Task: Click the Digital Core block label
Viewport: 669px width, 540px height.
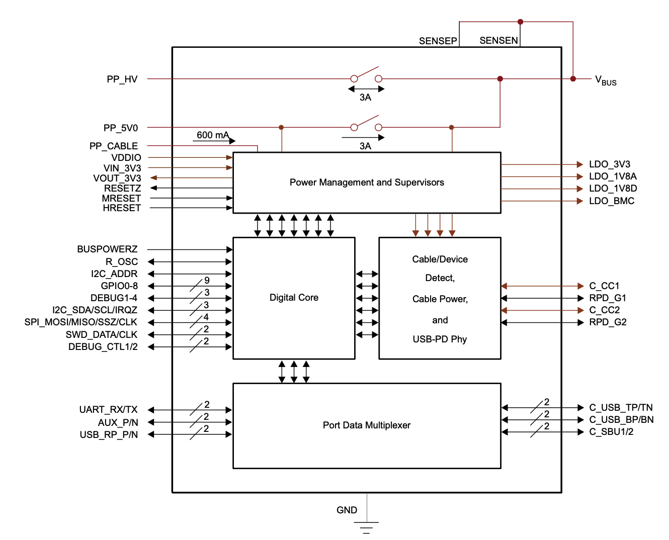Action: [294, 298]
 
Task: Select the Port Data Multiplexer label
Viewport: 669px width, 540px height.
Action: [366, 425]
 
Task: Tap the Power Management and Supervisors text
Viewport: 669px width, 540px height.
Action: [367, 183]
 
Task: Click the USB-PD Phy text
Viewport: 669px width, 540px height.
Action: [440, 339]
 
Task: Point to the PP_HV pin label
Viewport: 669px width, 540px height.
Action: [122, 79]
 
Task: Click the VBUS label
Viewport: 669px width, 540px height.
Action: [605, 80]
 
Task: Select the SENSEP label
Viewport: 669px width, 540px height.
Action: [438, 41]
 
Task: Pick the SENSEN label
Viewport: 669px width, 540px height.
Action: [498, 41]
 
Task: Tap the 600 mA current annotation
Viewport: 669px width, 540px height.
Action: [213, 135]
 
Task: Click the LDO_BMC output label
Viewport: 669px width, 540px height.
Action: [611, 201]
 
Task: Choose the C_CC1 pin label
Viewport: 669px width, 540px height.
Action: [604, 286]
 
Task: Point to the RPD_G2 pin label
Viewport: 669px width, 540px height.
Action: [608, 322]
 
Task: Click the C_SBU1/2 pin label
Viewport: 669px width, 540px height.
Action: [611, 432]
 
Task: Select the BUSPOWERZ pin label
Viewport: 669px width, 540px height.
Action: [107, 249]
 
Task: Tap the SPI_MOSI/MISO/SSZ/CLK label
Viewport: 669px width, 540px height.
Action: [80, 322]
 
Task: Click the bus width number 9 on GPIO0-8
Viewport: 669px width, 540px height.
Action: [207, 281]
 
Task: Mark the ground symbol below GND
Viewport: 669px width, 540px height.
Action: [366, 527]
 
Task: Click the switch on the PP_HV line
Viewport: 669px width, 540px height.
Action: [366, 75]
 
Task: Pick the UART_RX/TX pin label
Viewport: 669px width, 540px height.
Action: [108, 410]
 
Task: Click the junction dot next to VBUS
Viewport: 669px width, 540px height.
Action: [573, 79]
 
